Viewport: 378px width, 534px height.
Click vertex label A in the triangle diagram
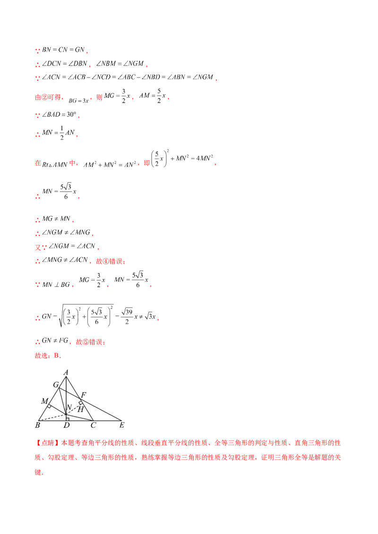[66, 372]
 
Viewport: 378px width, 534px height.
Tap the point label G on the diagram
[56, 385]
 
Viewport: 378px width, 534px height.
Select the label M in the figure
[45, 401]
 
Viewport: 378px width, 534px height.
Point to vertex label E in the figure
[122, 425]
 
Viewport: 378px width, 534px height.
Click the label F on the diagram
[83, 395]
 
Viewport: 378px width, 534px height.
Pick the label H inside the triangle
[80, 409]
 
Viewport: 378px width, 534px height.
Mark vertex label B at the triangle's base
[37, 425]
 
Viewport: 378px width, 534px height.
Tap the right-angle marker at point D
[68, 419]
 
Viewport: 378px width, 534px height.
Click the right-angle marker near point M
[50, 406]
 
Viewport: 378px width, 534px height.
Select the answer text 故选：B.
[48, 356]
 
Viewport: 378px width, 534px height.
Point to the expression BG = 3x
[78, 100]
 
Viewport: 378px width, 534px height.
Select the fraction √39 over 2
[127, 317]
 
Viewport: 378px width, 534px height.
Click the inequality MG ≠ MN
[56, 218]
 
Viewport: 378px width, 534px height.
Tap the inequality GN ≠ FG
[55, 341]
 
